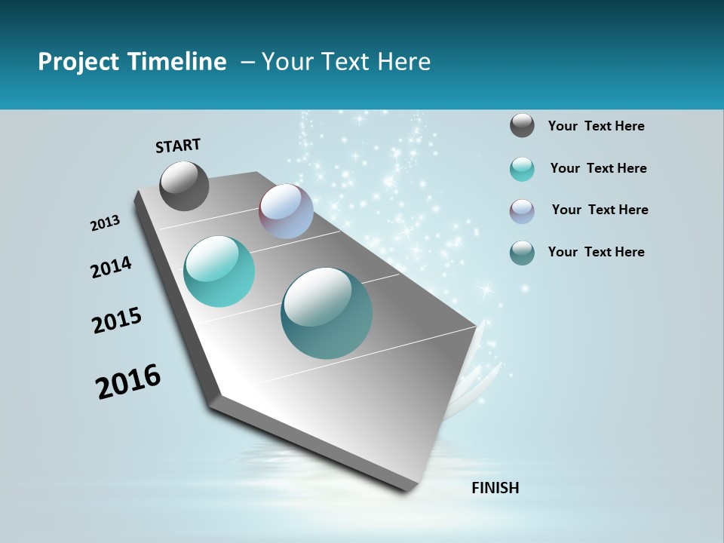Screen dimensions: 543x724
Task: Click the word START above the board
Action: pos(178,146)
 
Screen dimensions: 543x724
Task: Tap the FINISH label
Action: pos(495,488)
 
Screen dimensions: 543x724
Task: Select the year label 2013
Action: pos(106,223)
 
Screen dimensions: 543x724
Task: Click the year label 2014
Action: pos(111,268)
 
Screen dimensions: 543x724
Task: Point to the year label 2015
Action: pos(117,321)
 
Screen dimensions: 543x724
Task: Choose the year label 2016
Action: pos(128,381)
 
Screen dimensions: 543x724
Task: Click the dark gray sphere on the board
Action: pos(184,186)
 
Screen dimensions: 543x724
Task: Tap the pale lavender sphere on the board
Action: pos(286,211)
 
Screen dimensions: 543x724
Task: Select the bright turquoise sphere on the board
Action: pos(219,271)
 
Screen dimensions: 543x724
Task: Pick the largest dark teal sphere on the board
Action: pos(327,313)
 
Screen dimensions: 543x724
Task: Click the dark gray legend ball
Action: pos(522,125)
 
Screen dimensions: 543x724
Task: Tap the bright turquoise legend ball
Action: pos(522,169)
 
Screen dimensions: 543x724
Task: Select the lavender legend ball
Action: pos(522,211)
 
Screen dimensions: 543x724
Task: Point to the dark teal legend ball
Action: pos(522,253)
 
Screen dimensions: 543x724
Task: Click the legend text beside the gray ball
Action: pos(596,126)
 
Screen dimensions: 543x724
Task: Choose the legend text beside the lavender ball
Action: pos(600,210)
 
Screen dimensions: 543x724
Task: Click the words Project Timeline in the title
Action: pos(132,62)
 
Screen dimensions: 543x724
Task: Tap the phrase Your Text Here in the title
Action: pos(345,62)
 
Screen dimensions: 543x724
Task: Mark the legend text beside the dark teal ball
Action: pos(596,252)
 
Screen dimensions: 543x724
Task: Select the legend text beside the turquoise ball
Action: pos(598,168)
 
